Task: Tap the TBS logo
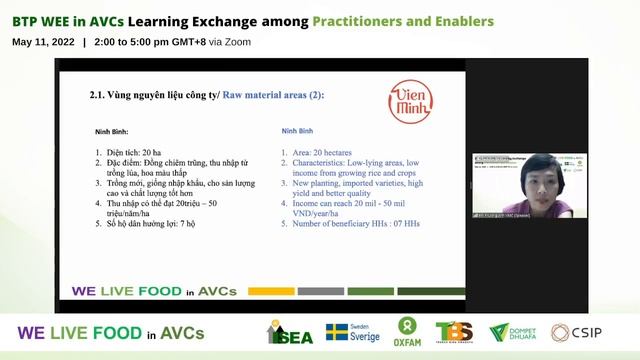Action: [x=453, y=332]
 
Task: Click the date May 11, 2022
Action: [x=43, y=42]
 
